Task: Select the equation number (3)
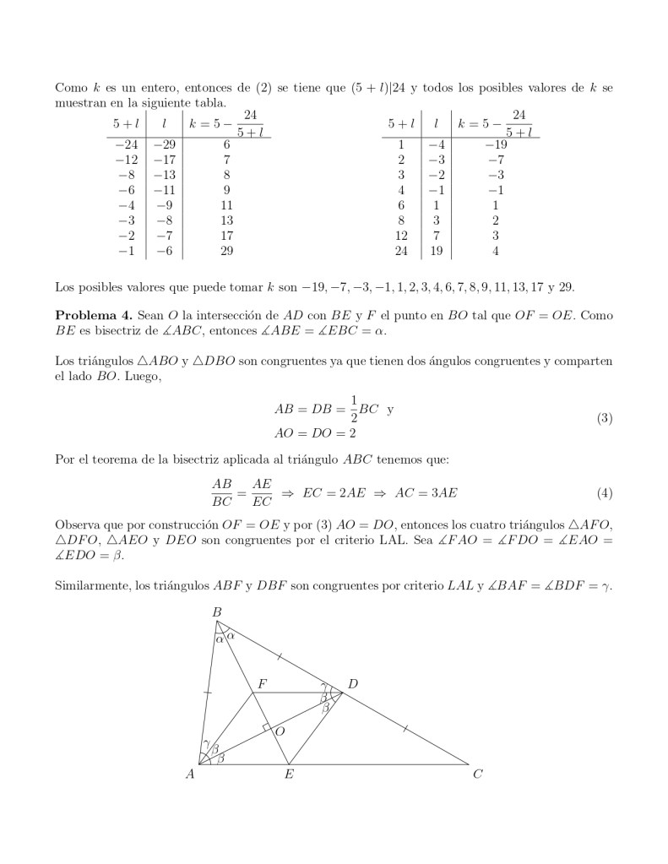pyautogui.click(x=604, y=418)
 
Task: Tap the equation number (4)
pyautogui.click(x=604, y=492)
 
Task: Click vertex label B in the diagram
pyautogui.click(x=216, y=611)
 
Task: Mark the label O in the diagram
pyautogui.click(x=281, y=731)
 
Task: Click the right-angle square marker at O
pyautogui.click(x=267, y=727)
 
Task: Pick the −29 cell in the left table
pyautogui.click(x=164, y=144)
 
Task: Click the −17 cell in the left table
pyautogui.click(x=164, y=160)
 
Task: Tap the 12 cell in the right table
pyautogui.click(x=401, y=236)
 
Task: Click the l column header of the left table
pyautogui.click(x=164, y=123)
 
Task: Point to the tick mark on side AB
pyautogui.click(x=208, y=692)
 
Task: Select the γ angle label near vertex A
pyautogui.click(x=205, y=744)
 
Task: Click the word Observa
pyautogui.click(x=77, y=524)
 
